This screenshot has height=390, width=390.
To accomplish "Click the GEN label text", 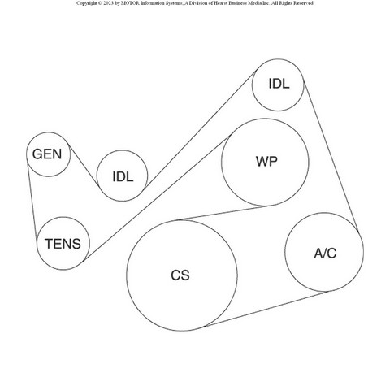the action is (x=47, y=154).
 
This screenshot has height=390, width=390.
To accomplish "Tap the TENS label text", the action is (x=63, y=244).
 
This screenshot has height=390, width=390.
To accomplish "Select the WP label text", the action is (x=266, y=162).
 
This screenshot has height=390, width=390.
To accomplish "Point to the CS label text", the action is (x=180, y=275).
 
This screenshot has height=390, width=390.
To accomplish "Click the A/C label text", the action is (x=325, y=253).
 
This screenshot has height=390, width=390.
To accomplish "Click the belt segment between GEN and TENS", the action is (x=32, y=201).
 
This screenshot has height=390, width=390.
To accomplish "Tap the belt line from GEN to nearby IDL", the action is (x=84, y=165).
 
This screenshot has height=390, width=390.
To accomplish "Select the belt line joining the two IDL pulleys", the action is (x=201, y=128).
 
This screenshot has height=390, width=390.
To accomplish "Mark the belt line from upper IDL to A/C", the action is (x=331, y=156).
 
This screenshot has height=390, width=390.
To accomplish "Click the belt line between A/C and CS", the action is (x=266, y=309).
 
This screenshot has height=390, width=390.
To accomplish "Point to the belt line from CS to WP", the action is (x=221, y=213).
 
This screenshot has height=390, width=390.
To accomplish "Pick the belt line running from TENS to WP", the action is (x=157, y=198).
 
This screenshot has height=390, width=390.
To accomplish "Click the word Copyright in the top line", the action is (x=87, y=3).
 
